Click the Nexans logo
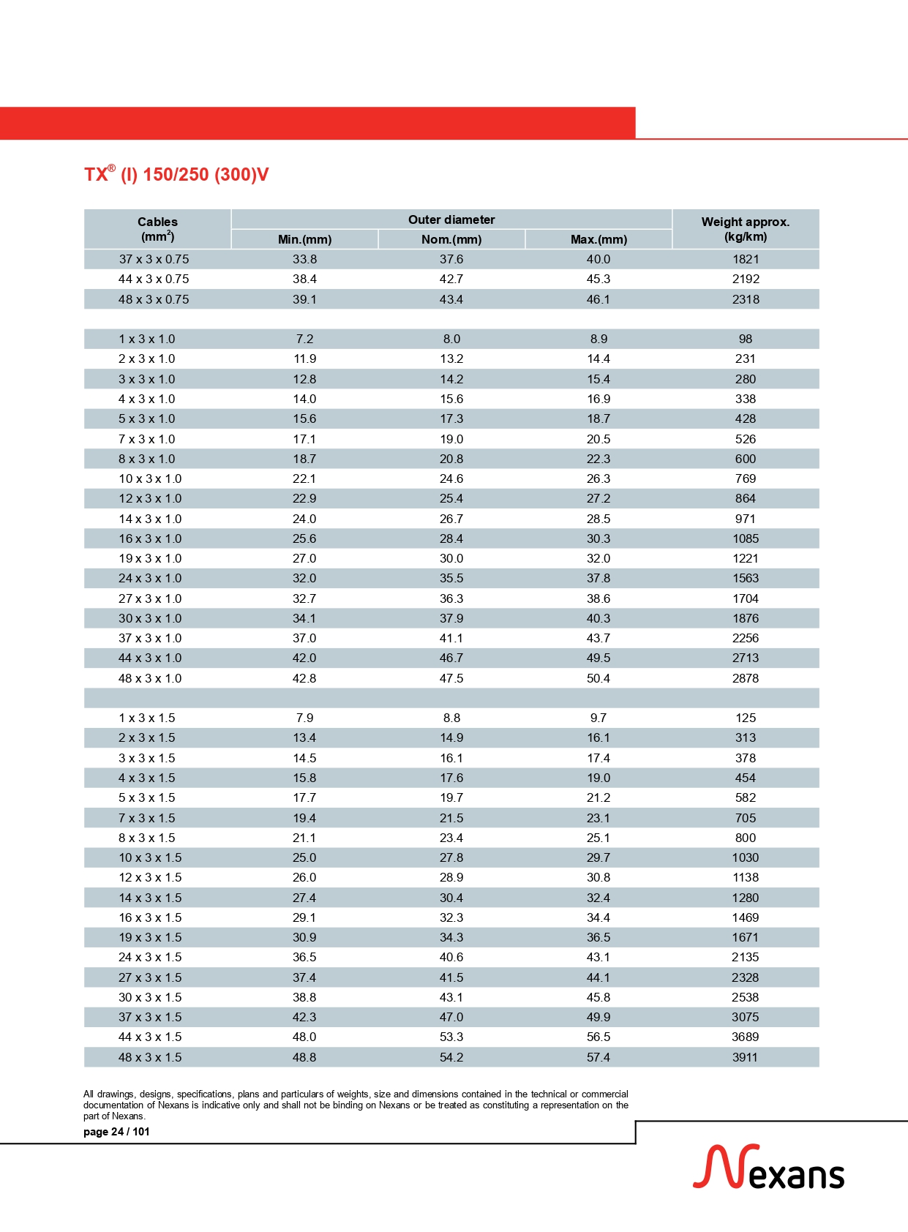(x=768, y=1168)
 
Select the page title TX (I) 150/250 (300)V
(x=176, y=175)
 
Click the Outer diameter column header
(x=451, y=219)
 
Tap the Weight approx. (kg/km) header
(x=745, y=229)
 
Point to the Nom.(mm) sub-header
(x=451, y=239)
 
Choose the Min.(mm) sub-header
(x=304, y=239)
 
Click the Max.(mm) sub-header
(x=599, y=239)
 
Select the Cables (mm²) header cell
(x=157, y=229)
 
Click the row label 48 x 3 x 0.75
(x=154, y=299)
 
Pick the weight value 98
(x=746, y=339)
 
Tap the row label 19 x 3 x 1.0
(x=150, y=558)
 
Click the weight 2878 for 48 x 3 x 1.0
(x=746, y=678)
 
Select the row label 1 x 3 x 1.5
(x=147, y=718)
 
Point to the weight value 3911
(x=746, y=1057)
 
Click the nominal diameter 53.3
(x=451, y=1037)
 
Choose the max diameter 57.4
(x=599, y=1057)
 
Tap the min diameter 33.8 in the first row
(x=304, y=259)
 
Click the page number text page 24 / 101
(x=116, y=1132)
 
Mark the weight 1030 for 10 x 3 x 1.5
(x=746, y=857)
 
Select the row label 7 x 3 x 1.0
(x=147, y=439)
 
